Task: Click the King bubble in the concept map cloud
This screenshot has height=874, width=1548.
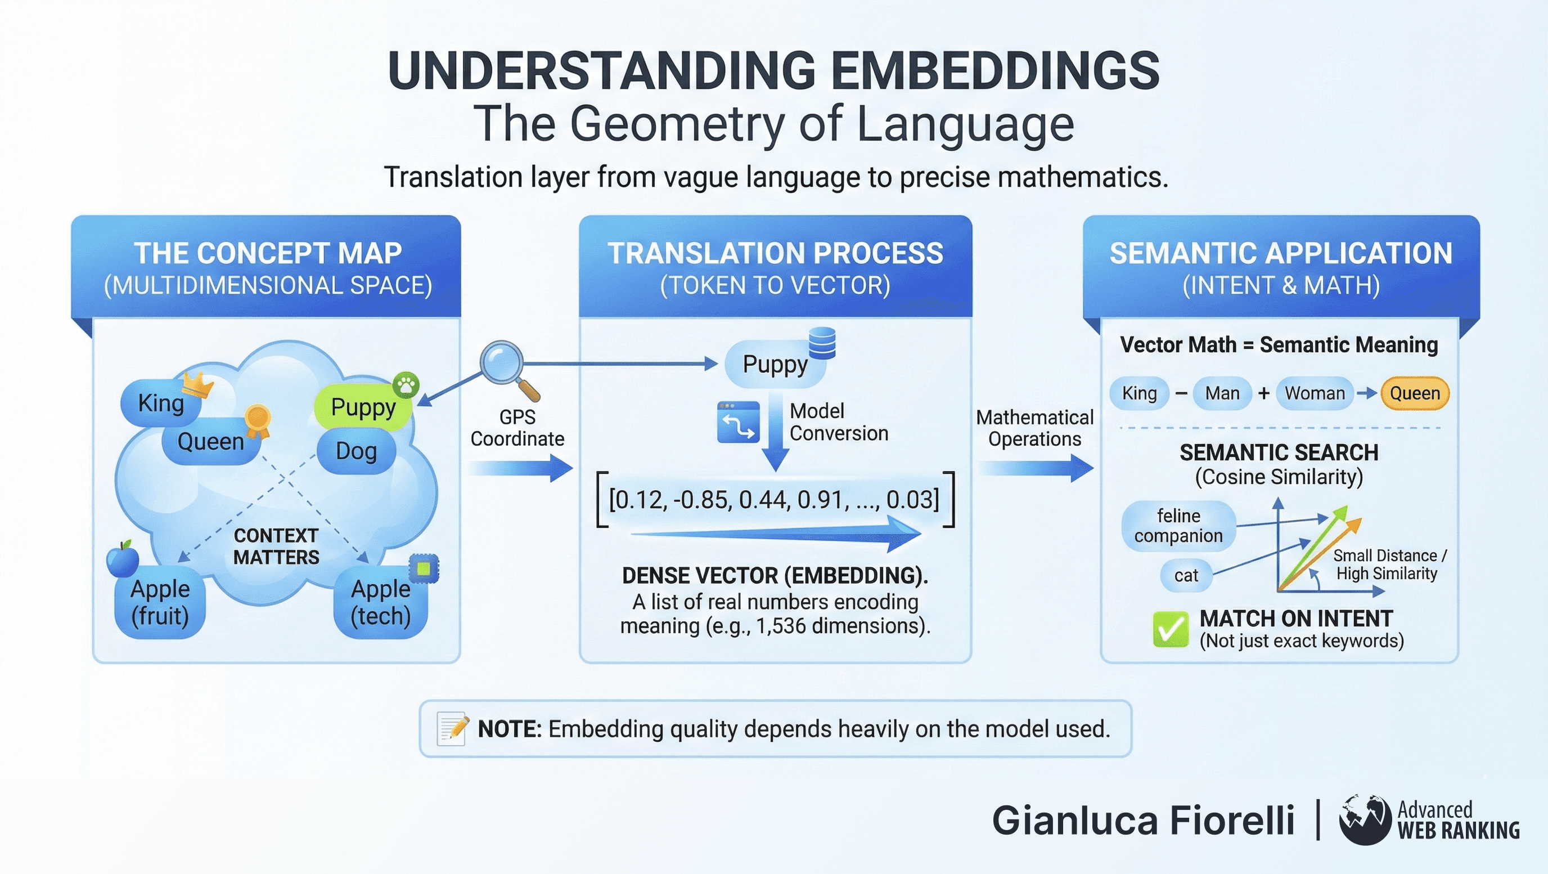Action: pyautogui.click(x=160, y=404)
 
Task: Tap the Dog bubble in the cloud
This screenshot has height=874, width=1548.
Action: pyautogui.click(x=357, y=451)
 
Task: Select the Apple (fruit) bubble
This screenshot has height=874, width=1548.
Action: pyautogui.click(x=160, y=603)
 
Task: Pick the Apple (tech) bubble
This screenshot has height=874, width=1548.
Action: pyautogui.click(x=381, y=603)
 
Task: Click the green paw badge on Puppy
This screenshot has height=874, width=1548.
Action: pyautogui.click(x=406, y=384)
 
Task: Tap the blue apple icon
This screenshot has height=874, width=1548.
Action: pyautogui.click(x=123, y=559)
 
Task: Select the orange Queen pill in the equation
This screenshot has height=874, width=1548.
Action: pyautogui.click(x=1415, y=394)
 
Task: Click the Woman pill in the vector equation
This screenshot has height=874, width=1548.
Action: pyautogui.click(x=1315, y=394)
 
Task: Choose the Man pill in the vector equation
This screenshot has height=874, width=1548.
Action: pyautogui.click(x=1222, y=394)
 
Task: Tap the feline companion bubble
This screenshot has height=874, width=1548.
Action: pyautogui.click(x=1178, y=526)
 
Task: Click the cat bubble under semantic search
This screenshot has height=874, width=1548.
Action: pyautogui.click(x=1186, y=576)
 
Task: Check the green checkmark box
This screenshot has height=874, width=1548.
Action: pyautogui.click(x=1171, y=629)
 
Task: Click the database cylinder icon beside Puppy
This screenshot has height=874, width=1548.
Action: pyautogui.click(x=821, y=343)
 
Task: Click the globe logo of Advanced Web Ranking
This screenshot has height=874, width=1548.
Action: pyautogui.click(x=1365, y=820)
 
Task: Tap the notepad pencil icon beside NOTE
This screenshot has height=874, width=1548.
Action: pyautogui.click(x=452, y=729)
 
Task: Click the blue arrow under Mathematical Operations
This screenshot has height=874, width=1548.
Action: pyautogui.click(x=1036, y=468)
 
